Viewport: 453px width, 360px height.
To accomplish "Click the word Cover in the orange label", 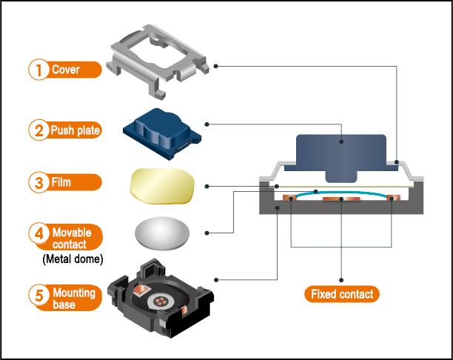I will [65, 70].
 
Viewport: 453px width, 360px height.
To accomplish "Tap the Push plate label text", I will [74, 130].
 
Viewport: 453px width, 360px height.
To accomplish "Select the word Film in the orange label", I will [61, 181].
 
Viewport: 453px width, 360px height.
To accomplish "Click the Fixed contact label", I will [340, 294].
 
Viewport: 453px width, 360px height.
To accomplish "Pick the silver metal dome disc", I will [161, 233].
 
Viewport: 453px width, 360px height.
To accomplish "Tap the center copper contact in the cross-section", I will [340, 199].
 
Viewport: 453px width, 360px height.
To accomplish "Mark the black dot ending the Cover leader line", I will [215, 66].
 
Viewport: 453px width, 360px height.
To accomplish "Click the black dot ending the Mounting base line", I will [215, 279].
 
